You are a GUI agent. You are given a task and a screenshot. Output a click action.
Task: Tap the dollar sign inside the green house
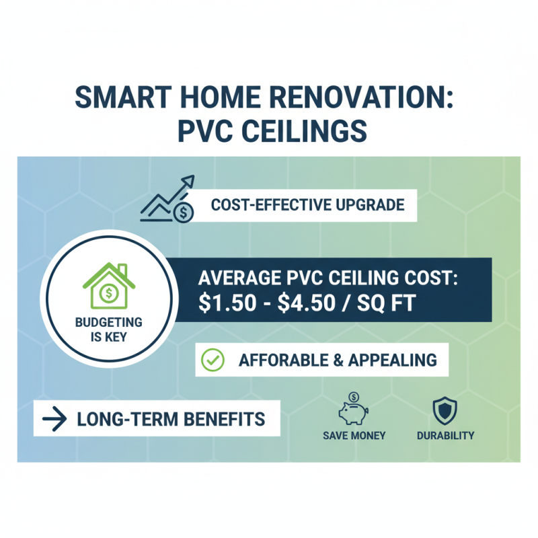click(x=108, y=294)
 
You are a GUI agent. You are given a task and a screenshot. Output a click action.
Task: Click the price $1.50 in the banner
click(x=229, y=303)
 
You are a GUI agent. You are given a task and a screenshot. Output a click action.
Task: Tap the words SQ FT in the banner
click(x=387, y=303)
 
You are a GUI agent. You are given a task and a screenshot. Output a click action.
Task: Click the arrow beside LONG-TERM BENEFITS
click(x=54, y=420)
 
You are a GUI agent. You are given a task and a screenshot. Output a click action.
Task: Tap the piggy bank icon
click(x=354, y=410)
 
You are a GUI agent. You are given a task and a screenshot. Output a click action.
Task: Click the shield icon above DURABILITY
click(x=445, y=410)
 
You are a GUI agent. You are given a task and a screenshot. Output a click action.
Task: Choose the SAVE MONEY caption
click(x=354, y=436)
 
